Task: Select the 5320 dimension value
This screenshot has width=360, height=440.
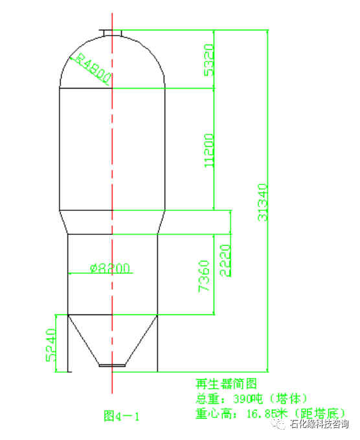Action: click(208, 60)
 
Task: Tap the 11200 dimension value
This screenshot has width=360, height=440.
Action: click(208, 151)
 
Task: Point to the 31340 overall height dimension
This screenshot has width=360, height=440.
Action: click(263, 202)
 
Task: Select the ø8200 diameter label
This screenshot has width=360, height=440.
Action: click(110, 268)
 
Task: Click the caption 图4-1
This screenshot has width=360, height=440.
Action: click(122, 415)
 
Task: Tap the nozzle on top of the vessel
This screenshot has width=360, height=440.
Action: click(111, 32)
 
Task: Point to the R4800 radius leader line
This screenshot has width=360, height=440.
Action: click(94, 73)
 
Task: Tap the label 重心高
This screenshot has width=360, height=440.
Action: click(211, 412)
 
